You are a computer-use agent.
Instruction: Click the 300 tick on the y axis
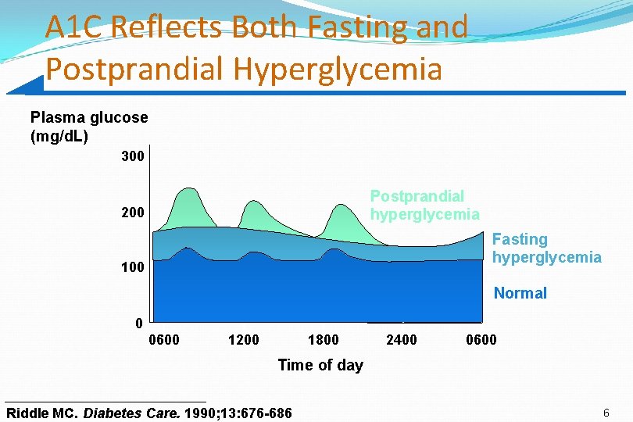(133, 156)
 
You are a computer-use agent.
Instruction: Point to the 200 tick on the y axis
(133, 212)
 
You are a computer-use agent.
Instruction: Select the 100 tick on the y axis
(133, 267)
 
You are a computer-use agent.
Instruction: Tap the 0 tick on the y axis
(138, 323)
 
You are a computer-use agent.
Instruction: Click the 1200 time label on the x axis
(243, 340)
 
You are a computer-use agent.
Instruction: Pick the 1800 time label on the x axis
(323, 340)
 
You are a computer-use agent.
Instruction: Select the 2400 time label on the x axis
(402, 340)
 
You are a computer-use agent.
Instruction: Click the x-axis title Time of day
(320, 365)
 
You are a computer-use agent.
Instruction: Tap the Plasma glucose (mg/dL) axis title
(88, 127)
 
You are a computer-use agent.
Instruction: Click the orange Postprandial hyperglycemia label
(424, 206)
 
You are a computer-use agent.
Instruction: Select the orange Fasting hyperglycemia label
(546, 249)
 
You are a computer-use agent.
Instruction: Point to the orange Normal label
(520, 294)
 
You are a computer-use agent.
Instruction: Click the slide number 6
(606, 412)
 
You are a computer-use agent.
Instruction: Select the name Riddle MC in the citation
(42, 413)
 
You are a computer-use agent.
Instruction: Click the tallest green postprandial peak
(188, 191)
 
